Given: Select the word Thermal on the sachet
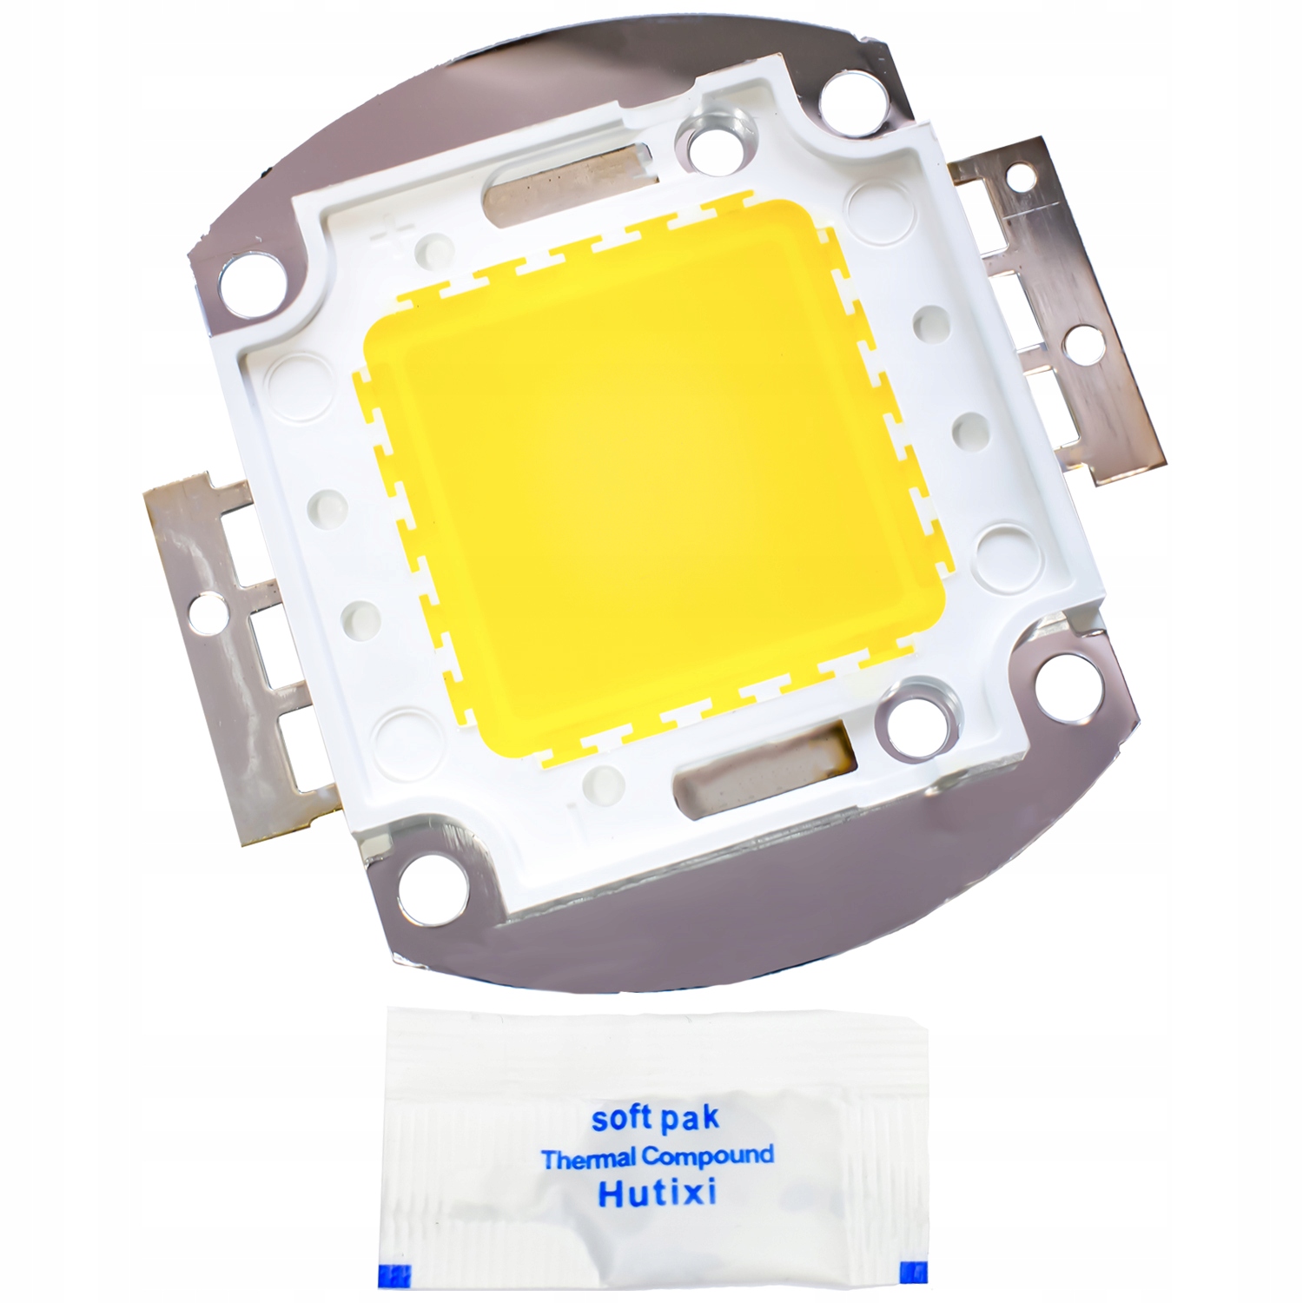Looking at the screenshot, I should [590, 1159].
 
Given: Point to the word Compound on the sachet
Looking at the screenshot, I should [707, 1156].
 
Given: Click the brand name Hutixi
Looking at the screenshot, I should [657, 1194].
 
